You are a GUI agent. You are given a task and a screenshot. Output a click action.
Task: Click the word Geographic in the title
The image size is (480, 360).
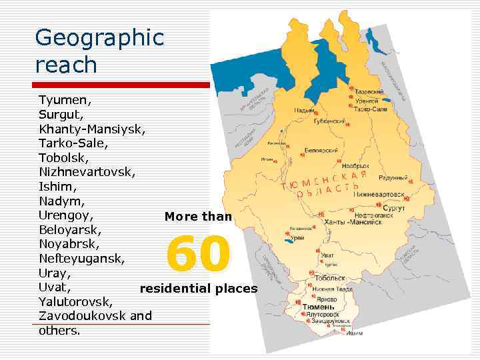(x=99, y=38)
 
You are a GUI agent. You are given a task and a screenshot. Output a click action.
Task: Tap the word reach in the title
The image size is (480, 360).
(x=66, y=65)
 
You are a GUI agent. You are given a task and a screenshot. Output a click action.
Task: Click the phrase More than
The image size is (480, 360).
(x=198, y=216)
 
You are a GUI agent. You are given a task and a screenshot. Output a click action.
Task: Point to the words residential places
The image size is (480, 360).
(x=198, y=289)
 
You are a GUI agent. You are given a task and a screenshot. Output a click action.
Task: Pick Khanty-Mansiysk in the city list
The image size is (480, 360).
(x=92, y=129)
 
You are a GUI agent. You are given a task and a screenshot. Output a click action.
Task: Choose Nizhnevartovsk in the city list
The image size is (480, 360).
(x=87, y=172)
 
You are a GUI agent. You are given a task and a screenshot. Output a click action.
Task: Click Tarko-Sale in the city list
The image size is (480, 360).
(x=73, y=143)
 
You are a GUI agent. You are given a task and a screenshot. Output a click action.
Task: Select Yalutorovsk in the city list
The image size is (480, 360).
(x=75, y=302)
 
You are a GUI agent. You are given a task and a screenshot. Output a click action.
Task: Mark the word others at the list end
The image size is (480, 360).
(x=60, y=331)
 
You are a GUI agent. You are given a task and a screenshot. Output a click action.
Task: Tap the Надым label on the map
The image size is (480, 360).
(x=304, y=111)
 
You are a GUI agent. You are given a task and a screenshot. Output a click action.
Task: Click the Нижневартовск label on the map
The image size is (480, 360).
(x=379, y=195)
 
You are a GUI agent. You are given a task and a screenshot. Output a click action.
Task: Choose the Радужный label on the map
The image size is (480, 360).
(x=393, y=178)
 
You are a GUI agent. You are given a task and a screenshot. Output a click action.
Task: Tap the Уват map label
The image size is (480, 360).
(x=327, y=255)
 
